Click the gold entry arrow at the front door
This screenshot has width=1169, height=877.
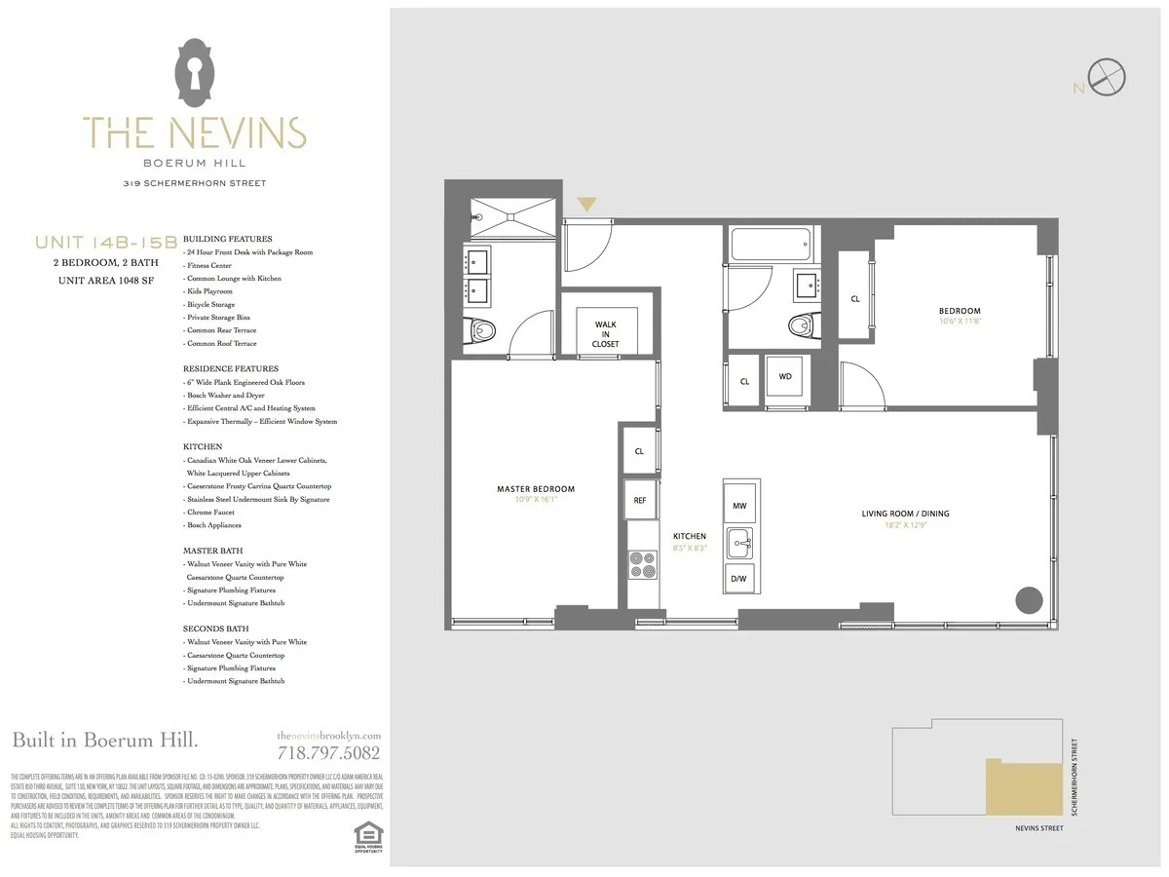pos(586,204)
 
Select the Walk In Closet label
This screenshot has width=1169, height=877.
pos(605,334)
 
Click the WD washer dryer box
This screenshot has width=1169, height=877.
pos(785,375)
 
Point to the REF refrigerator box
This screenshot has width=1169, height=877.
pos(639,500)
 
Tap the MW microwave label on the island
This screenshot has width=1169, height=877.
pos(738,506)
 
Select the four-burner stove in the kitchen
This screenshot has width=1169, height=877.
pos(643,564)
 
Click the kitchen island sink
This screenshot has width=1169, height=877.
pos(739,542)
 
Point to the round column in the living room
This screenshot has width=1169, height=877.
pos(1029,599)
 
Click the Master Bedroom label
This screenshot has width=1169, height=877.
pos(535,489)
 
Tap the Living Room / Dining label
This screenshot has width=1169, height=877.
pos(905,514)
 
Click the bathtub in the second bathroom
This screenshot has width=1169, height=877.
pos(770,243)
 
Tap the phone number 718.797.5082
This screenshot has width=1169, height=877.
pos(328,752)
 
